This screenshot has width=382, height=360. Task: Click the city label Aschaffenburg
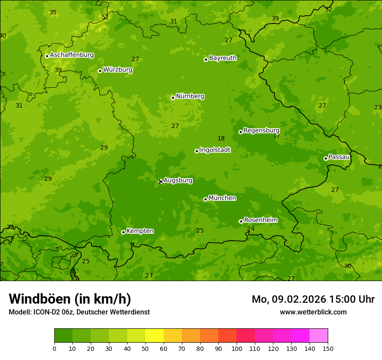pos(72,55)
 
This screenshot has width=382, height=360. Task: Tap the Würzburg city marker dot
pos(100,71)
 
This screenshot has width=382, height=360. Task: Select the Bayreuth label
pos(223,58)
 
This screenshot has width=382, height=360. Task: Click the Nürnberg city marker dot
pos(173,98)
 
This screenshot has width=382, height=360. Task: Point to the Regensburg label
pos(261,131)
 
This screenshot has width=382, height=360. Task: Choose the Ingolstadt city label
pos(215,150)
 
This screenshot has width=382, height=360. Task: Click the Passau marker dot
pos(326,158)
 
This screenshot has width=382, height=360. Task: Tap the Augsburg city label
pos(178,180)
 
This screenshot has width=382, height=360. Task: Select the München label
pos(222,198)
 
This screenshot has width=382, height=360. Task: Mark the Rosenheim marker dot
pos(241,221)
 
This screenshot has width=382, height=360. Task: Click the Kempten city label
pos(140,231)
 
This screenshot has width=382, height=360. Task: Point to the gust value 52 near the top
pos(105,17)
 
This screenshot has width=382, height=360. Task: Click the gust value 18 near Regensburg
pos(221,139)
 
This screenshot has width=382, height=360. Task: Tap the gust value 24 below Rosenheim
pos(250,229)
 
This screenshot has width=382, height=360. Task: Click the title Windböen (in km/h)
pos(70,299)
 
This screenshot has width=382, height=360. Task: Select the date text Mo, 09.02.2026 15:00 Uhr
pos(313,299)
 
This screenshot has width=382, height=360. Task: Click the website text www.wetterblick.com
pos(313,312)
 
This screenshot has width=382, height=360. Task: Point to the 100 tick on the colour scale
pos(237,348)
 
